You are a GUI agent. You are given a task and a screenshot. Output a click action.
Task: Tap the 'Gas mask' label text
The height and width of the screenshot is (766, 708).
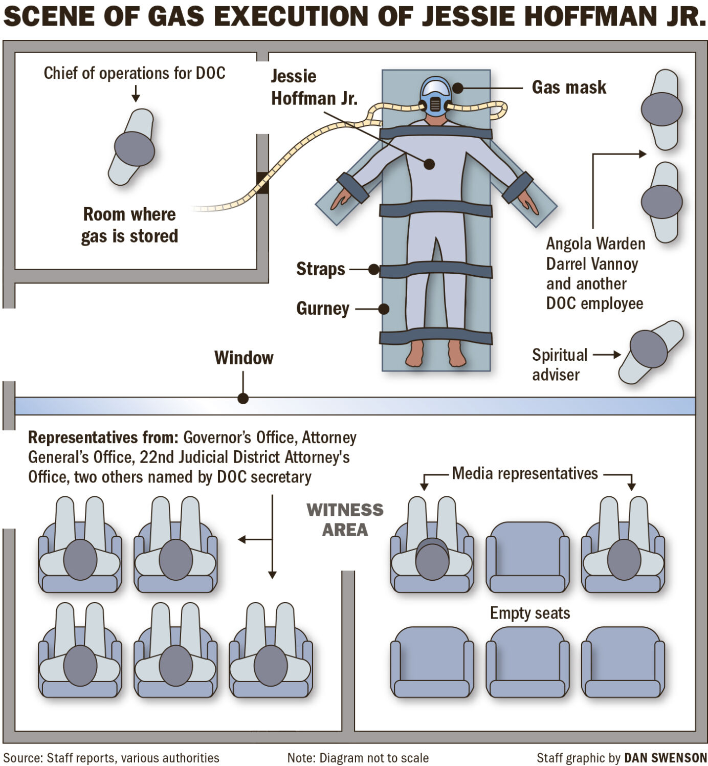click(x=569, y=87)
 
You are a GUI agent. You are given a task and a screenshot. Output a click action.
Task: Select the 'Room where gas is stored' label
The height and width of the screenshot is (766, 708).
click(x=129, y=225)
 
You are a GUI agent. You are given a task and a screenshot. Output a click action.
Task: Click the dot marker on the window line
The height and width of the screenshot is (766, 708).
click(x=243, y=398)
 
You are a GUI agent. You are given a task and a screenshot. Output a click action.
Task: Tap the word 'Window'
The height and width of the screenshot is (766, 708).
click(x=244, y=358)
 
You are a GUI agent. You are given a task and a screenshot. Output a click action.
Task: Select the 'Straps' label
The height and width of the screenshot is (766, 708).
click(x=321, y=269)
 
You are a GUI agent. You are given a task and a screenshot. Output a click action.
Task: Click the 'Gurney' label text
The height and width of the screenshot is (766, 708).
click(x=323, y=309)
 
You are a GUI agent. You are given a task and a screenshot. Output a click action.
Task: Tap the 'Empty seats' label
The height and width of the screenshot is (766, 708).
click(x=530, y=613)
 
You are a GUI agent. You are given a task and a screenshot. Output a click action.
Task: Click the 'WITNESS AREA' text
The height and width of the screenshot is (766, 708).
click(x=345, y=519)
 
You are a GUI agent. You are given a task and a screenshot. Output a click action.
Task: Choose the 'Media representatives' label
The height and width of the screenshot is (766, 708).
click(x=525, y=474)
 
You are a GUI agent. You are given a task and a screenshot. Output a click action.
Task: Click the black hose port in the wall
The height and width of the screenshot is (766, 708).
click(x=262, y=183)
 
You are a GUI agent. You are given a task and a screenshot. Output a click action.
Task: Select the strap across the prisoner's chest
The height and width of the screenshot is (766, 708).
click(x=435, y=133)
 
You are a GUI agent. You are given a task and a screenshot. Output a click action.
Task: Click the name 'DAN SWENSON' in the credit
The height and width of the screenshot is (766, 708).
click(x=666, y=758)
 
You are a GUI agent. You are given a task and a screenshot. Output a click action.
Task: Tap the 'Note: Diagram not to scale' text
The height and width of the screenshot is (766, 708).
click(x=358, y=758)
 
